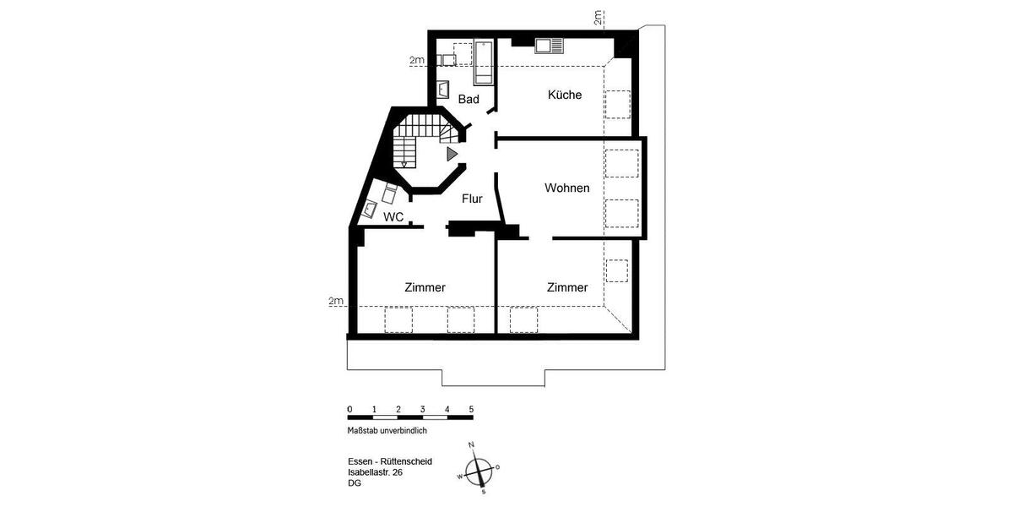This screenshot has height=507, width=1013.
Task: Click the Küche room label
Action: (564, 95)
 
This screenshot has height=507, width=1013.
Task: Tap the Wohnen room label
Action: (566, 188)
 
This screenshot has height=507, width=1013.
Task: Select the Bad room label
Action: (469, 100)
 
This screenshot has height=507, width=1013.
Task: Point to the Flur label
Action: (472, 199)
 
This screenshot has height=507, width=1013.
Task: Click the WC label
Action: (393, 217)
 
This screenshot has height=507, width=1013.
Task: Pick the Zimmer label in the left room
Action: (425, 287)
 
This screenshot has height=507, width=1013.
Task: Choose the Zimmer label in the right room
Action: (566, 287)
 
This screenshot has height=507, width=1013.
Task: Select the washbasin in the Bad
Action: (444, 89)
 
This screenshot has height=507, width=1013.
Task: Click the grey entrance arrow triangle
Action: (452, 153)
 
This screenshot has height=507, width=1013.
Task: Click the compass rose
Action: (479, 467)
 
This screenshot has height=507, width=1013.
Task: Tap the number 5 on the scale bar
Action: (471, 408)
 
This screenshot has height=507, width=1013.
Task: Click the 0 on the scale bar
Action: (349, 408)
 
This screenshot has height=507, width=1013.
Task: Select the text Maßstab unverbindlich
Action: (387, 430)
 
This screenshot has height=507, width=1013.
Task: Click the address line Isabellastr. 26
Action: (376, 472)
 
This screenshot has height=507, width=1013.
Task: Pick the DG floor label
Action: (354, 483)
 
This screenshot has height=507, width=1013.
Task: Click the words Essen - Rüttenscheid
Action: (390, 461)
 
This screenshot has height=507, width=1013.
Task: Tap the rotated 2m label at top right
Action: (598, 18)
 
